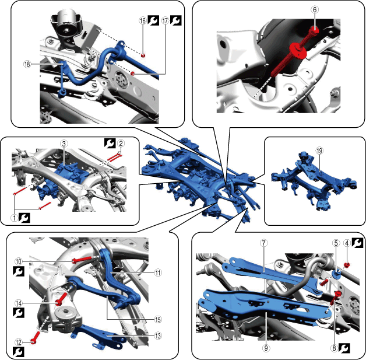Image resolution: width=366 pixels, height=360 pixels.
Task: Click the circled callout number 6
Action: [x=315, y=10]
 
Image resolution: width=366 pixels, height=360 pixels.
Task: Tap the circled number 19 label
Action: [x=319, y=151]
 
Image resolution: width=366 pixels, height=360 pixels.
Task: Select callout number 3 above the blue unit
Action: [x=64, y=144]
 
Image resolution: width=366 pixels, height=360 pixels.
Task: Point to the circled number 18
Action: [x=27, y=64]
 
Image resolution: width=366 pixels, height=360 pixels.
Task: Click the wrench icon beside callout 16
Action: [x=154, y=21]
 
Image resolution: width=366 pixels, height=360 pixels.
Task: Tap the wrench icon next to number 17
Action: [x=176, y=21]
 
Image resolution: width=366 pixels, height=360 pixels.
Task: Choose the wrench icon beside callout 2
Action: [x=110, y=144]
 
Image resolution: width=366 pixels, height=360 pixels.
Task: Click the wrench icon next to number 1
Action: [x=24, y=218]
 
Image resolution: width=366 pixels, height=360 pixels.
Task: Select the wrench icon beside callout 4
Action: [x=357, y=243]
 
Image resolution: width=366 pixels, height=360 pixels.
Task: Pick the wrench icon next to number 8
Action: [x=344, y=348]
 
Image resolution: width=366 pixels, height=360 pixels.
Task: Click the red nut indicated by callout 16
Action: [x=143, y=55]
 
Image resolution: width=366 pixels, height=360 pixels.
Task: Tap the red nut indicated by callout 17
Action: [x=132, y=74]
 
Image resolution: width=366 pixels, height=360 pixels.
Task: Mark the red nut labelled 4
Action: [x=347, y=265]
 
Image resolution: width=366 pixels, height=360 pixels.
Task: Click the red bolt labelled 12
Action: [x=36, y=337]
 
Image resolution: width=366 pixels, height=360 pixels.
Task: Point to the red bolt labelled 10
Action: [x=82, y=259]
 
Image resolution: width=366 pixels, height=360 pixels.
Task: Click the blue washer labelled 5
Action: [x=336, y=274]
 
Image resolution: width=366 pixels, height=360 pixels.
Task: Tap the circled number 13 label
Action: [x=158, y=336]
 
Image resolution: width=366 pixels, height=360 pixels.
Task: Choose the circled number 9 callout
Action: [x=266, y=348]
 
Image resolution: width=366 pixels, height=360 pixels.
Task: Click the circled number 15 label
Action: [x=158, y=319]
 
